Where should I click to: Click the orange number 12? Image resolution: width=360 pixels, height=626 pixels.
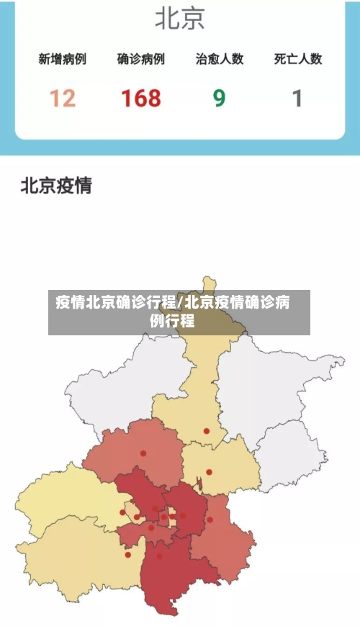62,98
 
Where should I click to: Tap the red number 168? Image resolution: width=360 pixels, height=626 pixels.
140,98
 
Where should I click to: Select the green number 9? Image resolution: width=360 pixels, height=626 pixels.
219,98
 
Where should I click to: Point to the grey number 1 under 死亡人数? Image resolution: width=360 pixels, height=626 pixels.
297,98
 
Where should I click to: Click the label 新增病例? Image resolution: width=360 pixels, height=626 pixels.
62,60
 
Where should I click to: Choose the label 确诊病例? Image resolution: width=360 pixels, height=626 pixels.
140,60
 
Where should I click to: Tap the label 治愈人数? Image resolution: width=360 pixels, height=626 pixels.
219,60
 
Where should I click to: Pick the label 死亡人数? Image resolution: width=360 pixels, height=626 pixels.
297,60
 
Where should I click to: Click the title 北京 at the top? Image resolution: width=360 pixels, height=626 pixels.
179,19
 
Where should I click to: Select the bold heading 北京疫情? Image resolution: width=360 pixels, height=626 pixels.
56,186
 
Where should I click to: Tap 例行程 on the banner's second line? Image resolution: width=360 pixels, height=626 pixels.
172,321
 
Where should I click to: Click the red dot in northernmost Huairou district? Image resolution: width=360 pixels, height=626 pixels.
207,431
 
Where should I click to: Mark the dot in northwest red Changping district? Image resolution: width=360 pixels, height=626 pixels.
143,453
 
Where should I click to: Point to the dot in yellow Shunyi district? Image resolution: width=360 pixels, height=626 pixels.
210,472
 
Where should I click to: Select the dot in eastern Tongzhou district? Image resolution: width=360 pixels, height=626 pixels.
210,520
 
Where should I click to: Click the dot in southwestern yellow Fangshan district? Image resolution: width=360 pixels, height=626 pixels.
128,554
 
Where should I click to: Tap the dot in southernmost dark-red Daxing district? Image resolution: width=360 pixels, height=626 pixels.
160,555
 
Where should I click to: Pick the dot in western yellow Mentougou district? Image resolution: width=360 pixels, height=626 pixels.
122,512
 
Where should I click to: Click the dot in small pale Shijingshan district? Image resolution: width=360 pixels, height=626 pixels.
136,517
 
